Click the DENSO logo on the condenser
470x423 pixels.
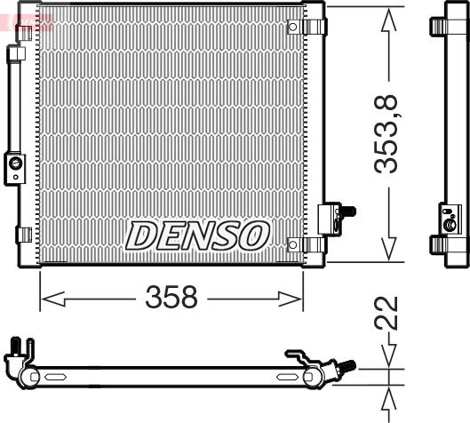pyautogui.click(x=197, y=235)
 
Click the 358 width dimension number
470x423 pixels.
pyautogui.click(x=171, y=298)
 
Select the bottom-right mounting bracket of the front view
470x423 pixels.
pyautogui.click(x=313, y=244)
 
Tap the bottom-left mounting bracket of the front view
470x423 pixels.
pyautogui.click(x=24, y=235)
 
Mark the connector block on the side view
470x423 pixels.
pyautogui.click(x=450, y=218)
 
